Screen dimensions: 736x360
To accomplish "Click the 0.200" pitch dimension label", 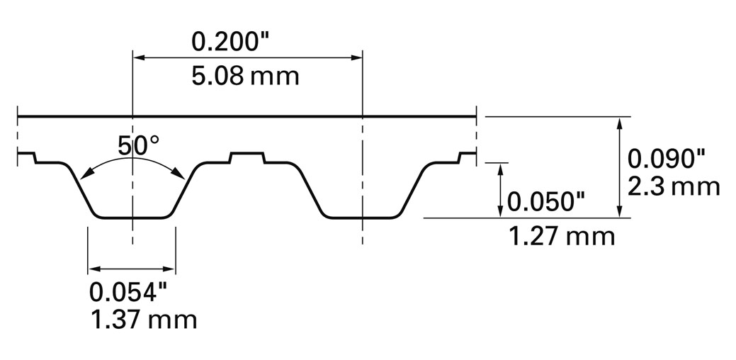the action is click(232, 42).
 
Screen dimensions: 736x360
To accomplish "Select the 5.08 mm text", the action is click(245, 76).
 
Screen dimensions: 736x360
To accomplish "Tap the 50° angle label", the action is click(139, 145).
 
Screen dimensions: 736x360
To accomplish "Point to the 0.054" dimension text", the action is click(128, 293).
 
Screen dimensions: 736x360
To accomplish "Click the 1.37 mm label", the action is click(143, 320).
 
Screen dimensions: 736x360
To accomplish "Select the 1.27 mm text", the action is click(562, 237).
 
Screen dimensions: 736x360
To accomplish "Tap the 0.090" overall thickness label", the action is click(667, 160).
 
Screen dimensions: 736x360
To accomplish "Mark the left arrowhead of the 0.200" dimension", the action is click(139, 57).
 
